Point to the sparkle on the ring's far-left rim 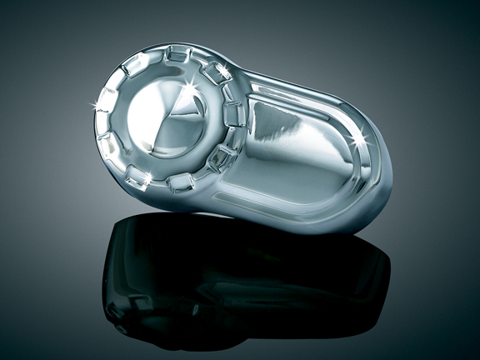point(94,104)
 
